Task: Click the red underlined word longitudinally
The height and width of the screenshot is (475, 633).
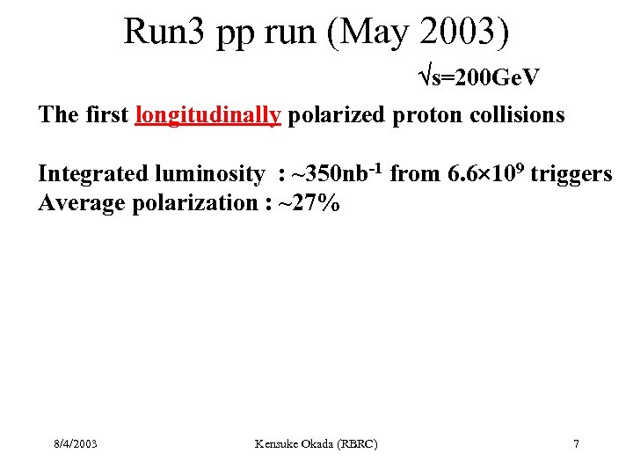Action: [208, 115]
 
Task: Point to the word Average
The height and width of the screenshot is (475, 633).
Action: [80, 203]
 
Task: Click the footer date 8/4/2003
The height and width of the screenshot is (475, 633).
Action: [75, 444]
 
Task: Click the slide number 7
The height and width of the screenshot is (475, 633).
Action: [576, 444]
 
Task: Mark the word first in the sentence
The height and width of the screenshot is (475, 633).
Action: [108, 115]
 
